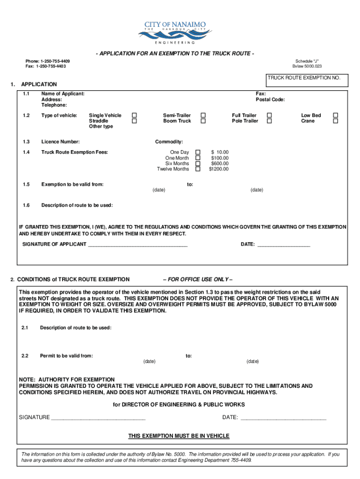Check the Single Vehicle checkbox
tap(134, 115)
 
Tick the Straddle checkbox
tap(134, 121)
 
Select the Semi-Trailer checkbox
tap(203, 115)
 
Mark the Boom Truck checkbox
tap(203, 121)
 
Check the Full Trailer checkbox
tap(269, 115)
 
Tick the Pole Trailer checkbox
tap(269, 121)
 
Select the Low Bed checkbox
tap(335, 115)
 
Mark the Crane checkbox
tap(335, 121)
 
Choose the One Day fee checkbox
tap(197, 152)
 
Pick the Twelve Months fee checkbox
tap(197, 169)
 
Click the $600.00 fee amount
tap(220, 163)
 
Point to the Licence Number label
tap(60, 142)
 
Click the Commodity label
tap(169, 142)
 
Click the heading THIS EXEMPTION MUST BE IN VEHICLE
tap(179, 436)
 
